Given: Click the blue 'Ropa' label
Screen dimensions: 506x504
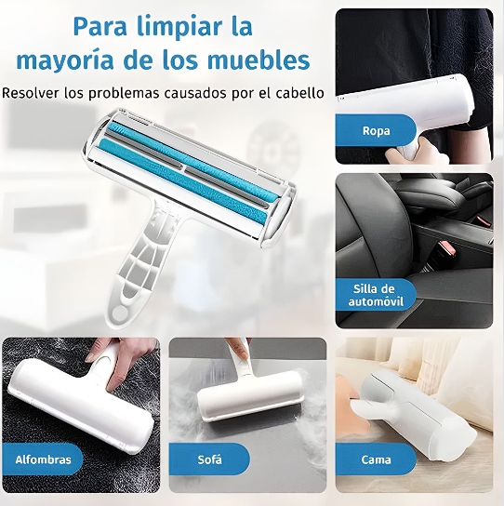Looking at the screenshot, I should coord(376,129).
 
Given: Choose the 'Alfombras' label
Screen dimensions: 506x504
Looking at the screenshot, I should coord(42,459).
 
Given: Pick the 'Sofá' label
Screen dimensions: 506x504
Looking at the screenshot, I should coord(208,459).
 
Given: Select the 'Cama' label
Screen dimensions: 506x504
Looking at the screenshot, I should coord(375,459).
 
